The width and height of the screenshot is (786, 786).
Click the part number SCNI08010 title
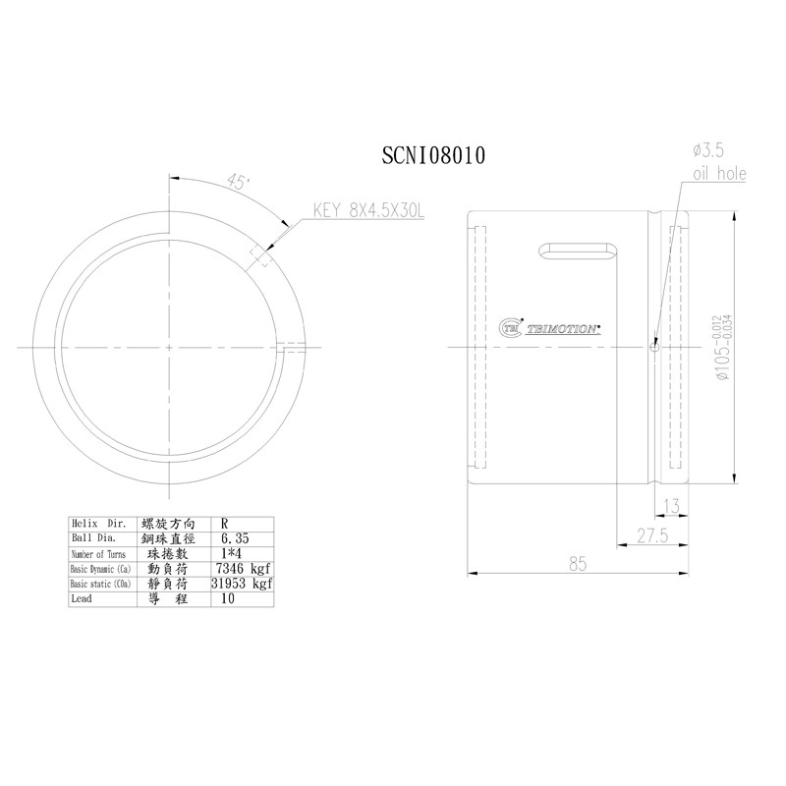tap(433, 156)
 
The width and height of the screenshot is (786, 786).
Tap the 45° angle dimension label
tap(237, 182)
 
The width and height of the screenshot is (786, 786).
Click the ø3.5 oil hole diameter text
tap(708, 150)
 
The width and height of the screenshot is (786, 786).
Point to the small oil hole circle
tap(654, 345)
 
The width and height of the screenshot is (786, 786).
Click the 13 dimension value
tap(672, 506)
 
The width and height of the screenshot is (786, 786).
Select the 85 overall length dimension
tap(578, 564)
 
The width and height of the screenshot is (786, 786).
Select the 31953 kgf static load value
tap(242, 584)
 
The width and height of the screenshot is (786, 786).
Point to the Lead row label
tap(81, 598)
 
